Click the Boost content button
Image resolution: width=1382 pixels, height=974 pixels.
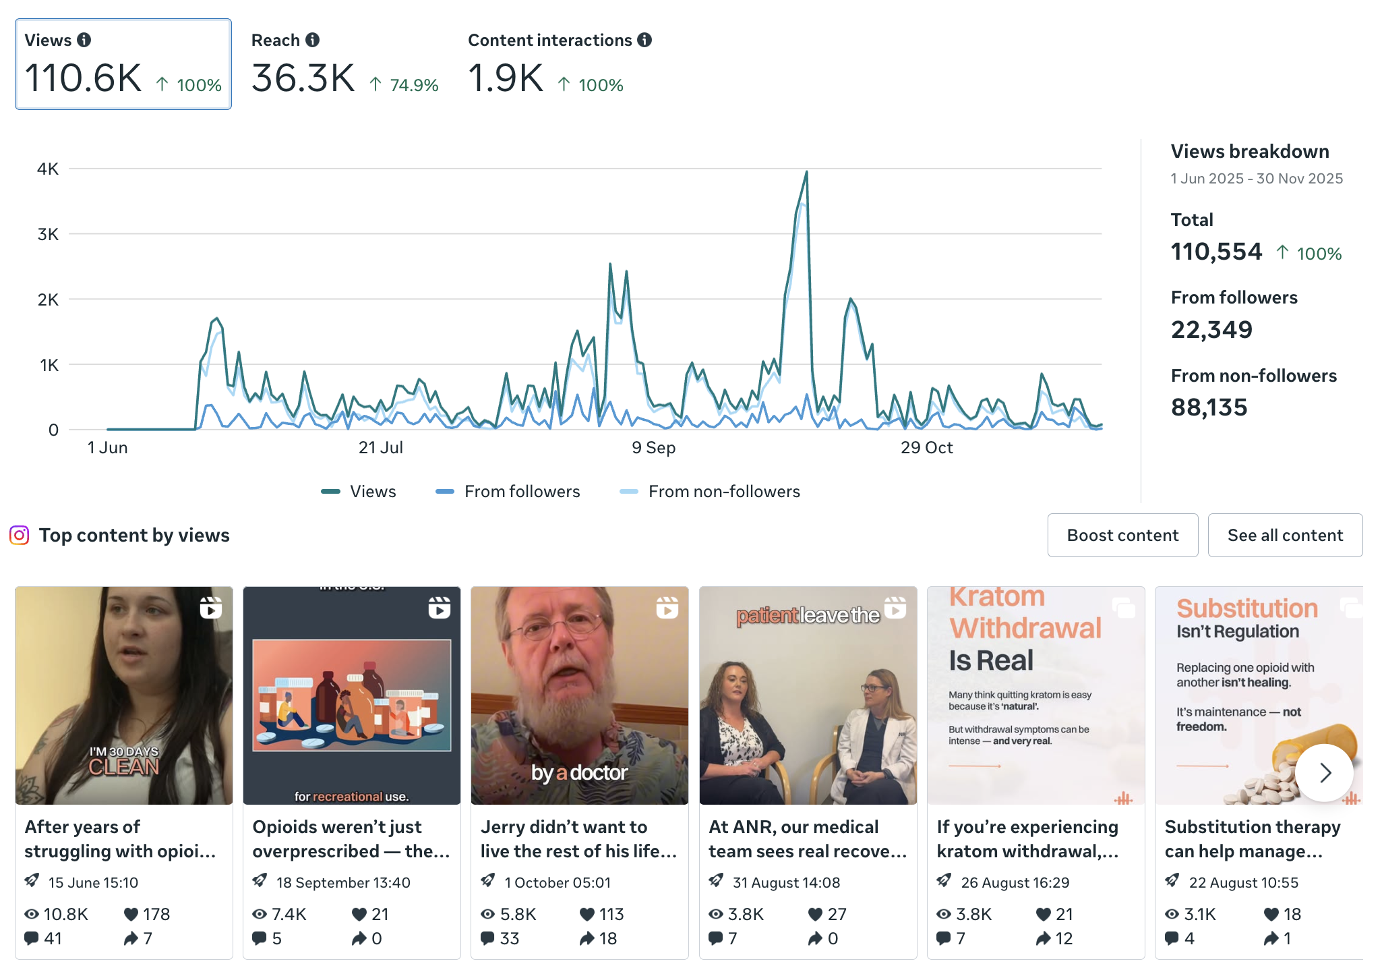1122,536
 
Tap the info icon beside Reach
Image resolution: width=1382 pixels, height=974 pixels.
313,40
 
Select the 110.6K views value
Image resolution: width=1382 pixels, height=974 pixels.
83,78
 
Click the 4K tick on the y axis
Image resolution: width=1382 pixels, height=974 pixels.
48,169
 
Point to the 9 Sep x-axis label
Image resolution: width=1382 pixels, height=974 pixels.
653,448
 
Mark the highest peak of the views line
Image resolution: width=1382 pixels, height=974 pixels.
806,172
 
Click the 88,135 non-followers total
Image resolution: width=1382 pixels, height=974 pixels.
1209,407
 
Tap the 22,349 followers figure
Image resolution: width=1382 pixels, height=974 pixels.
1211,330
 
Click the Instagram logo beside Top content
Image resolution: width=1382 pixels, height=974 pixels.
19,536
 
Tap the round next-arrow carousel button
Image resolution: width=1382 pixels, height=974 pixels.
1325,772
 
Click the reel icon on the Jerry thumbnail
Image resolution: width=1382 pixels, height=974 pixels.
667,608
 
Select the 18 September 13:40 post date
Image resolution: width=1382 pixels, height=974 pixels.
343,882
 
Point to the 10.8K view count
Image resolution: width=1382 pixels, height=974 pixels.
65,914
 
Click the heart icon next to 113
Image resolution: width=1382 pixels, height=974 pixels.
587,914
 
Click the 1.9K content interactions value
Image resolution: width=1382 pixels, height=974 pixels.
506,78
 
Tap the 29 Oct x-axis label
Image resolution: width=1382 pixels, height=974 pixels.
926,448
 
